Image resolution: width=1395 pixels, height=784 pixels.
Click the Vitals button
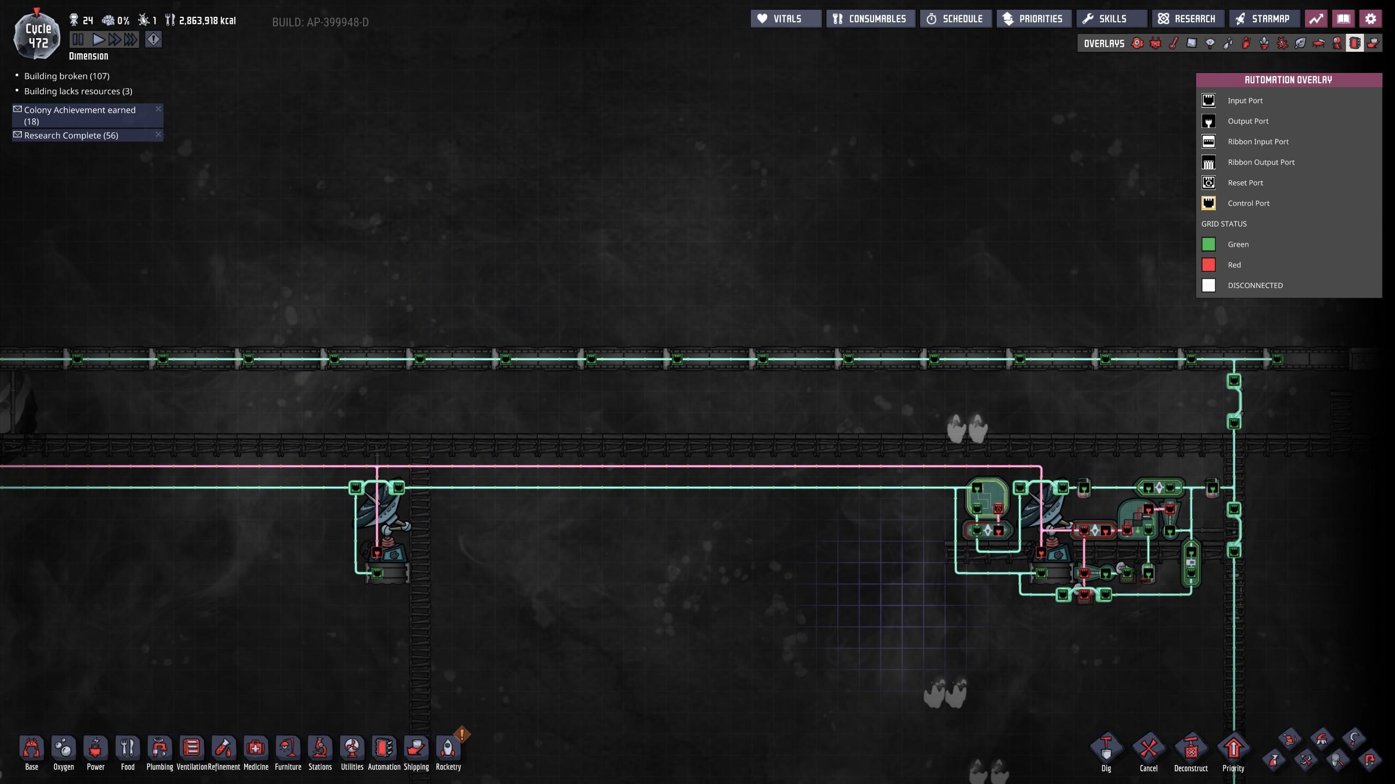pyautogui.click(x=786, y=19)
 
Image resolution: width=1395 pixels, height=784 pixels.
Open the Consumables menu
pyautogui.click(x=870, y=19)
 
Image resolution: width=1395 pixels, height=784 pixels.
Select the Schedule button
pyautogui.click(x=955, y=19)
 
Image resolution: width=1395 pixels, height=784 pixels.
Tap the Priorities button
pyautogui.click(x=1034, y=19)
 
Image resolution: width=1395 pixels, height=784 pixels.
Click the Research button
pyautogui.click(x=1188, y=19)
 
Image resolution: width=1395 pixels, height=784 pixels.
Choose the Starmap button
pyautogui.click(x=1264, y=19)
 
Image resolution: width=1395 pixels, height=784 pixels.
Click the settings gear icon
pyautogui.click(x=1370, y=19)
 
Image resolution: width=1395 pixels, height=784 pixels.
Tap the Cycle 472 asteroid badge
pyautogui.click(x=37, y=34)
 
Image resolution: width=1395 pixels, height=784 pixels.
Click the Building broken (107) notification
pyautogui.click(x=66, y=76)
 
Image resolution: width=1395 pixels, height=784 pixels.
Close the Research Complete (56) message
pyautogui.click(x=158, y=134)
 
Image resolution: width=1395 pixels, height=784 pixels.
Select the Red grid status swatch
pyautogui.click(x=1209, y=265)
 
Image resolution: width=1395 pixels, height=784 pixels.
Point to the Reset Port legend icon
pyautogui.click(x=1209, y=182)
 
